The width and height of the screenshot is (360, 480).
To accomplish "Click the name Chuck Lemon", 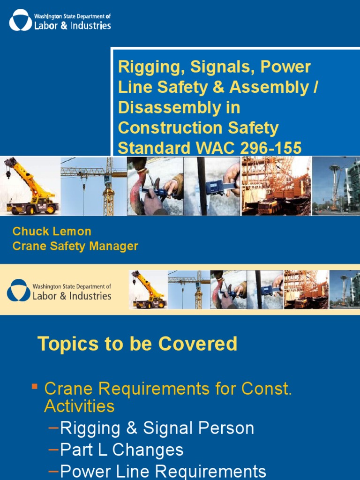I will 52,231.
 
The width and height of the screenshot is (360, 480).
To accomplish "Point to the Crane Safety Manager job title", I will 75,246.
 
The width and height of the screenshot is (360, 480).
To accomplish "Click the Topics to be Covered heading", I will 137,344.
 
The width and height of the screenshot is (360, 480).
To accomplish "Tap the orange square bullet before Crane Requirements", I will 35,387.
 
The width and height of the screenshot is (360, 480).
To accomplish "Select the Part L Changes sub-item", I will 122,450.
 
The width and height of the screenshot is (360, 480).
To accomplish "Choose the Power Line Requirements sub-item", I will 163,471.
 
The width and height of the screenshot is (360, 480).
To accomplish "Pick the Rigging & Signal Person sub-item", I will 157,428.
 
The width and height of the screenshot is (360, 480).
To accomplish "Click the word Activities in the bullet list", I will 79,406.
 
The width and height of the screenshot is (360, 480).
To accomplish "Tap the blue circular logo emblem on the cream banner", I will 19,291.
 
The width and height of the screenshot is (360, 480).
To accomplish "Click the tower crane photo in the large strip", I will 94,186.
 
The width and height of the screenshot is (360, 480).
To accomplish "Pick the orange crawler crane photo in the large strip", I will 276,186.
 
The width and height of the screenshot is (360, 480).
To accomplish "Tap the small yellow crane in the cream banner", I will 148,289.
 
